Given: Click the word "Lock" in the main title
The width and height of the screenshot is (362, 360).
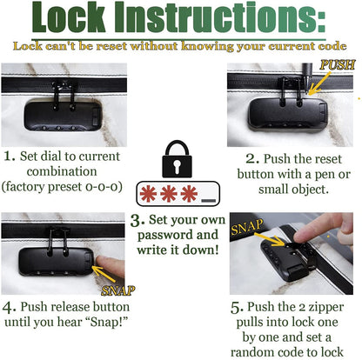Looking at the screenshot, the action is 69,17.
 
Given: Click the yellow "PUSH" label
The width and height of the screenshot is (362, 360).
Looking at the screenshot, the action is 338,65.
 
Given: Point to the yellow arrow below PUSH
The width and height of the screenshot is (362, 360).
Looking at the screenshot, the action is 319,83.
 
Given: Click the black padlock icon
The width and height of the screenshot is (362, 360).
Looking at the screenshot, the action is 177,159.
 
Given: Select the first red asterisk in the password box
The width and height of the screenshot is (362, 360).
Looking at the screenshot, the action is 148,194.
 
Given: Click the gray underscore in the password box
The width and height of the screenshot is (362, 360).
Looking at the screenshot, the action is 209,200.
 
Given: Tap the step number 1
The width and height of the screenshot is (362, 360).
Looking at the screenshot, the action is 10,157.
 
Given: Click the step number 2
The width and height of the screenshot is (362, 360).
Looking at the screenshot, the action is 252,159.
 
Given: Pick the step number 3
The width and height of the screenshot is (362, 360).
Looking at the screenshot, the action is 137,221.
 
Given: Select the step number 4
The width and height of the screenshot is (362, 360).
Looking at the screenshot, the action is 9,307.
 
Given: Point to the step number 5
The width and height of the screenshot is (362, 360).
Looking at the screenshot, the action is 237,308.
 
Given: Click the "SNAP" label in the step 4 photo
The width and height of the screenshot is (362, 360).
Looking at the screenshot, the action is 118,290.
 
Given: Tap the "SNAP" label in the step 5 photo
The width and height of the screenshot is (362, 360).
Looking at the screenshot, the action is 247,227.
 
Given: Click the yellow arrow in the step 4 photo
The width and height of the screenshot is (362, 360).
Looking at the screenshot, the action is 104,274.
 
